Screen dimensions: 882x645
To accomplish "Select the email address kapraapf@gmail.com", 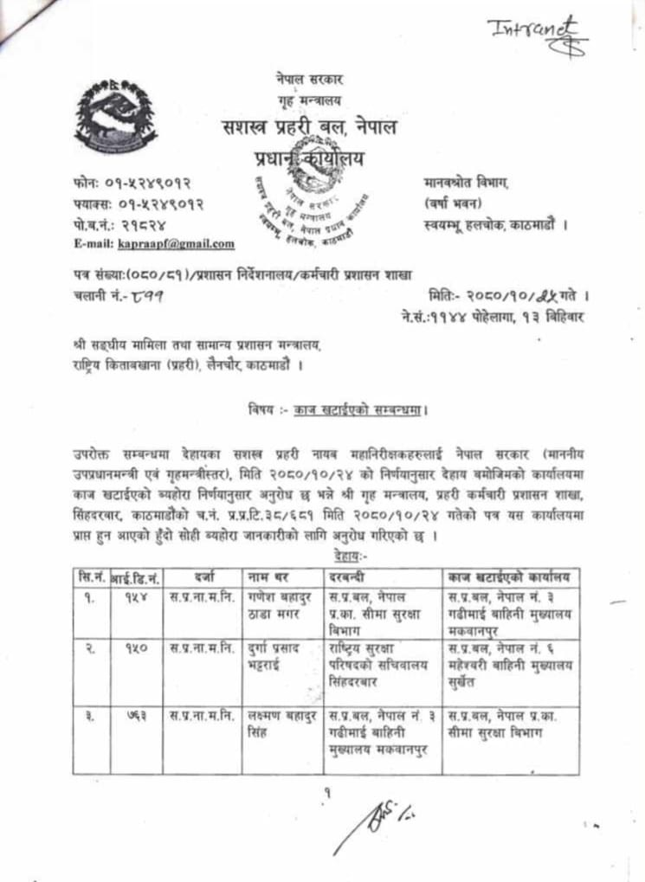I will (x=177, y=244).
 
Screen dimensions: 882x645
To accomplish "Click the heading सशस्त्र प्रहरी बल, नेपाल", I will (x=309, y=128).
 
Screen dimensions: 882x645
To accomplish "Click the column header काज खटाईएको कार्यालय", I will (x=511, y=576).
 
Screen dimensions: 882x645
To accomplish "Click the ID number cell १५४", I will (x=136, y=597).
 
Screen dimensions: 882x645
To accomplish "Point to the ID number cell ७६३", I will (x=136, y=716).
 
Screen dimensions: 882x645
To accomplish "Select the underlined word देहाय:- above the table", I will (x=328, y=556).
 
